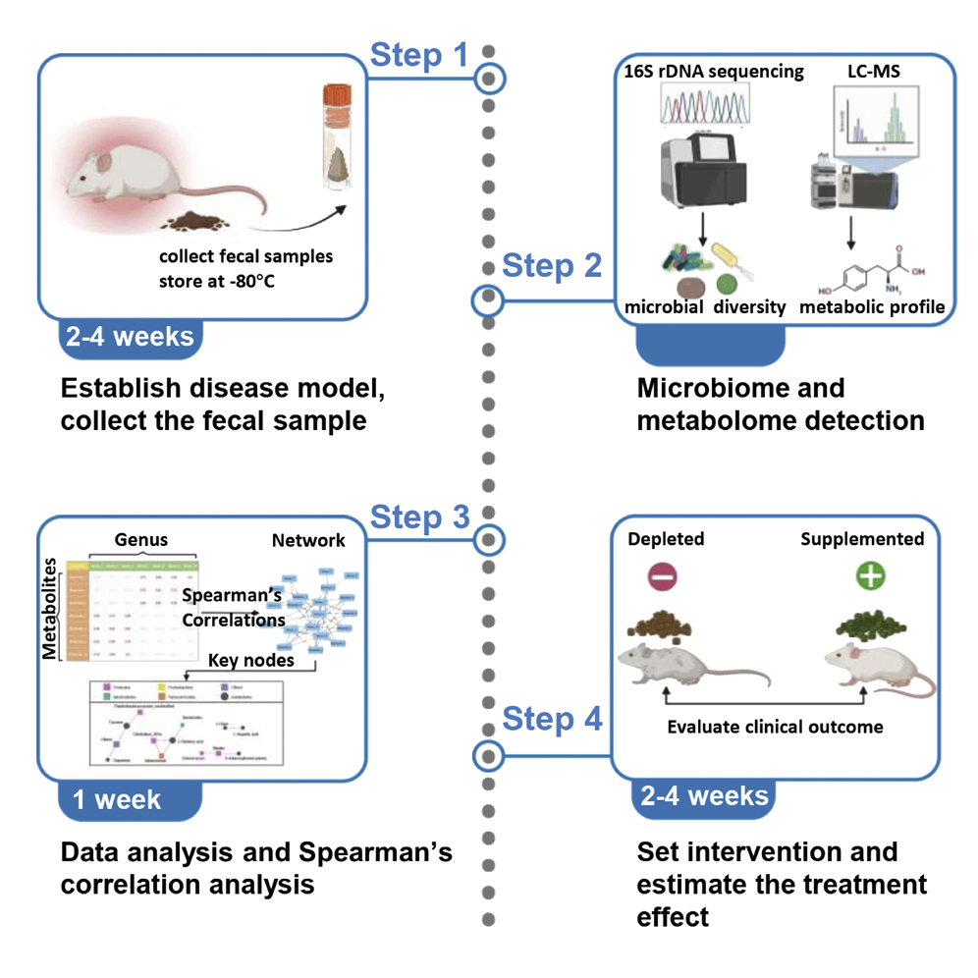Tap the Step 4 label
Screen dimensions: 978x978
[x=552, y=719]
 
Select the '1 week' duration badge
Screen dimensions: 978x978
[x=117, y=800]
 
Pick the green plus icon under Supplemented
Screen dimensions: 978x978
[x=869, y=576]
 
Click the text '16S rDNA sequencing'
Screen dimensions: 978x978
[x=714, y=71]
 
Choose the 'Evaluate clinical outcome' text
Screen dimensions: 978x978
[x=775, y=727]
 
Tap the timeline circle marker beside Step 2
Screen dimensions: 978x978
[x=489, y=300]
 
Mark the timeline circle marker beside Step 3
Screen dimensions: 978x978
[x=489, y=539]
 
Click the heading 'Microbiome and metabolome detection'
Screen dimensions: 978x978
[x=781, y=404]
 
